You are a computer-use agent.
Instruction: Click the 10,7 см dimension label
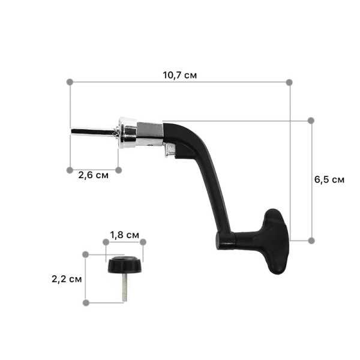tap(180, 75)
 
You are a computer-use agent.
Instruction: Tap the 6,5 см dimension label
tap(329, 179)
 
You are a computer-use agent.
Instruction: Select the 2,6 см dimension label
tap(93, 175)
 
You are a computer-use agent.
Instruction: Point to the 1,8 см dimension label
tap(124, 235)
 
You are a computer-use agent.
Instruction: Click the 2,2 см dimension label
tap(67, 279)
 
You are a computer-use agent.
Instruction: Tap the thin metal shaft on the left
tap(94, 132)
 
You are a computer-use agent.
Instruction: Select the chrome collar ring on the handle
tap(128, 133)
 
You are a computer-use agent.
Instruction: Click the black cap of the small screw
tap(125, 265)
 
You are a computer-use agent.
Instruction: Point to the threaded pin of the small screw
tap(125, 287)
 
